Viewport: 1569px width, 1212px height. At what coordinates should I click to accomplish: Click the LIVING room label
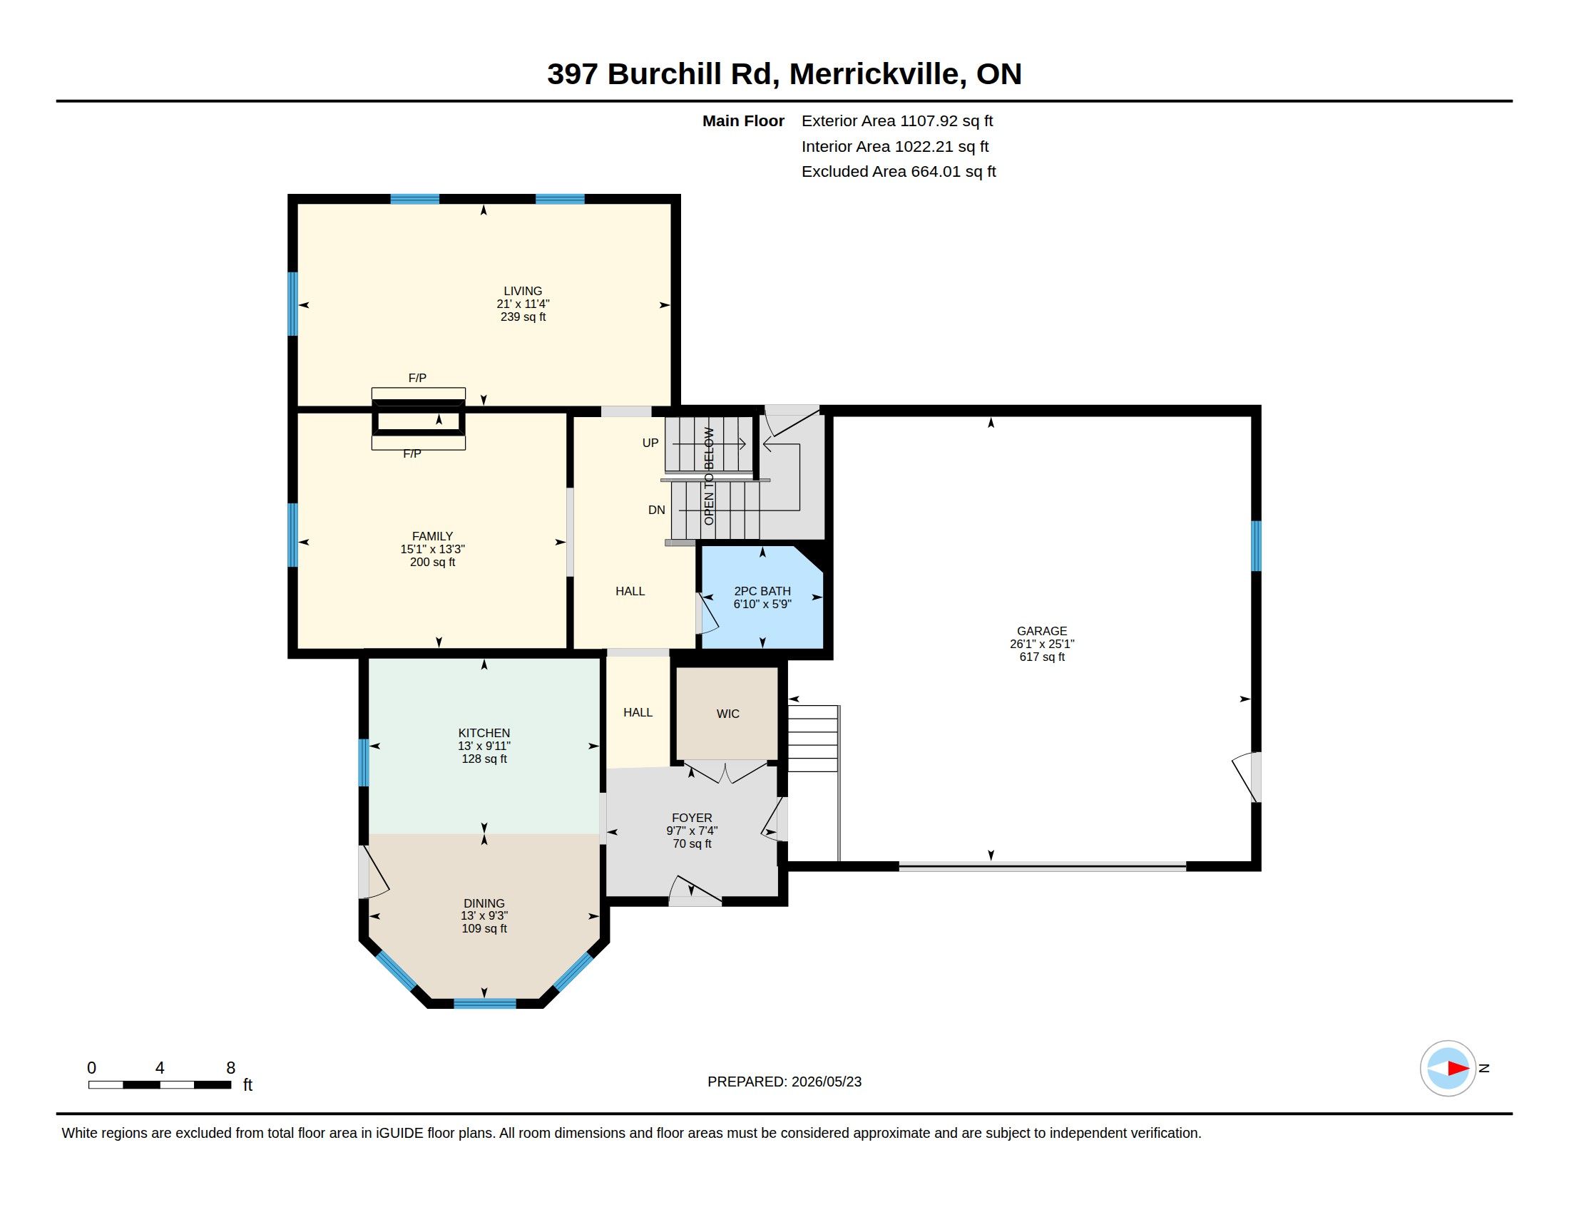[522, 291]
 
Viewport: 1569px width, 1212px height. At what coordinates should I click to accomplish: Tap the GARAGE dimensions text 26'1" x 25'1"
[1042, 644]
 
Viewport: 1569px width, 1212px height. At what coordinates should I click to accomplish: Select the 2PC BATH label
[762, 591]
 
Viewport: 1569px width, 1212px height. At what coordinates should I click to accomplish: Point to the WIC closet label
[727, 714]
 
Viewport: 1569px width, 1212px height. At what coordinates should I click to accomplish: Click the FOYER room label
[692, 818]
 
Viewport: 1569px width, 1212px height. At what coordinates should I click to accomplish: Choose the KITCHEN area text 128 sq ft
[484, 759]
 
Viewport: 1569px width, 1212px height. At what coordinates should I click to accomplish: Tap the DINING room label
[484, 903]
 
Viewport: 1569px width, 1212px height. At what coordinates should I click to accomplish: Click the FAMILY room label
[432, 536]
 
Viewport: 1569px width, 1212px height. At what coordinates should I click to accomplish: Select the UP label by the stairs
[650, 443]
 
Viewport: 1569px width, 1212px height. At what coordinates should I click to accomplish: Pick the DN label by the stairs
[657, 510]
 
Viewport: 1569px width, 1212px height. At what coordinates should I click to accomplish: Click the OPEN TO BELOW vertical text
[709, 476]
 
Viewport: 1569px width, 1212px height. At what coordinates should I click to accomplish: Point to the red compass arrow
[1458, 1069]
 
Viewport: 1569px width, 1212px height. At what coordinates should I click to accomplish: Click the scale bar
[160, 1084]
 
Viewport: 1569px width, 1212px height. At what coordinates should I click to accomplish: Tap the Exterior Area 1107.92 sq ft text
[897, 121]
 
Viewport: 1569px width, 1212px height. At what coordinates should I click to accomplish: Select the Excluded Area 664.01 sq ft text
[899, 172]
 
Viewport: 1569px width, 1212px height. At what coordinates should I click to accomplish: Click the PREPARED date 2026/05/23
[826, 1082]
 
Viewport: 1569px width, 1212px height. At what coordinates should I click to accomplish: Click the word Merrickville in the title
[878, 74]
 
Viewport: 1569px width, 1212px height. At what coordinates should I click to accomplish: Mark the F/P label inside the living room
[417, 378]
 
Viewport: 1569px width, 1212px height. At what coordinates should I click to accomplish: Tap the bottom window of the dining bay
[485, 1003]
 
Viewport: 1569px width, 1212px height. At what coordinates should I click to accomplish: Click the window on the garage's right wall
[1257, 545]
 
